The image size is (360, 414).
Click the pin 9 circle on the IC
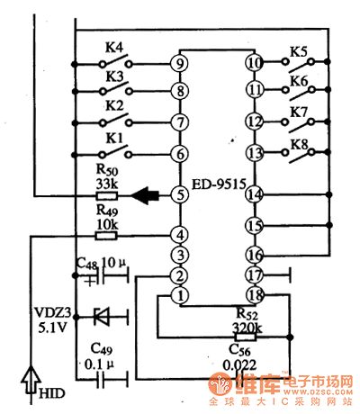tap(180, 63)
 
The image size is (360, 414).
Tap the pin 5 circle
tap(180, 193)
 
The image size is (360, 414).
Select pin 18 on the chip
tap(255, 294)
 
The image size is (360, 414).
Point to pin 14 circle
tap(255, 193)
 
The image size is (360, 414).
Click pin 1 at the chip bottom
tap(180, 294)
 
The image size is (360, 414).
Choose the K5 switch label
tap(298, 51)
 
